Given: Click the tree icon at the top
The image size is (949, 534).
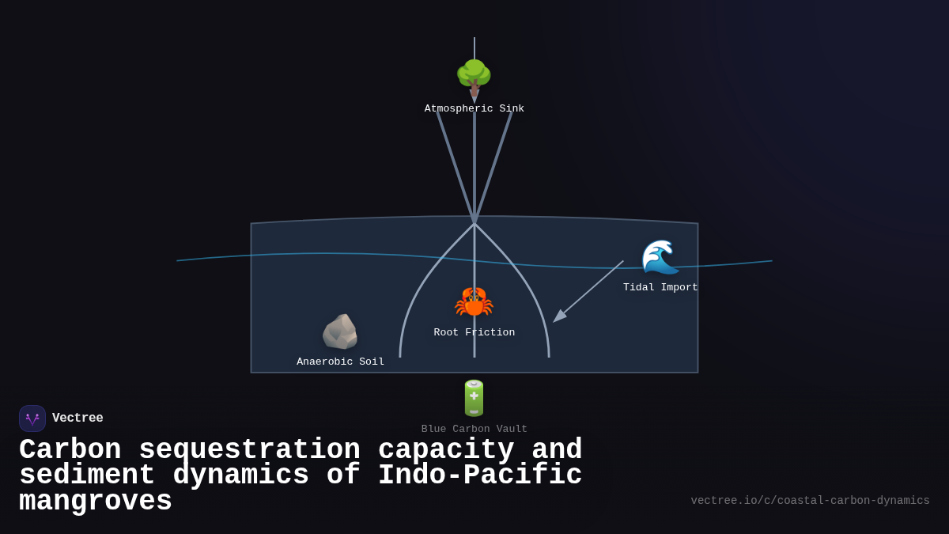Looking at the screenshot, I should [474, 76].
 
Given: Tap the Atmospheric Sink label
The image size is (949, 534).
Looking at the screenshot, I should [474, 109].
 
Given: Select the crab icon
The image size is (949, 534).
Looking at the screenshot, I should [474, 302].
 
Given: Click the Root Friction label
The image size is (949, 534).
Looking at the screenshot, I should [474, 333].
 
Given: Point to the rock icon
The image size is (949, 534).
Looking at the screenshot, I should [340, 331].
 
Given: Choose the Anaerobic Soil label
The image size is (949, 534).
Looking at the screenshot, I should [340, 362].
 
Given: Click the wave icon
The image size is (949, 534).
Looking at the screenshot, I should [660, 256].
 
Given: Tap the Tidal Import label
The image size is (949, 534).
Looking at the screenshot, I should [660, 288].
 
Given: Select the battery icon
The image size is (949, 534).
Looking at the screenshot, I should [474, 398].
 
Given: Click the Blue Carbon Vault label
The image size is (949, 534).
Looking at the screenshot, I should [474, 430].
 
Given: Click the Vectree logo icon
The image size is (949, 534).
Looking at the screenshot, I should [32, 418].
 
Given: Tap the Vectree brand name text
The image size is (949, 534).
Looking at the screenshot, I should [78, 418].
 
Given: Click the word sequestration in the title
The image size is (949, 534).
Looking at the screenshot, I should [249, 450].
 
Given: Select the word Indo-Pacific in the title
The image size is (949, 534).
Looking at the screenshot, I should [479, 475].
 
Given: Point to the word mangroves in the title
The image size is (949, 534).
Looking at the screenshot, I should [96, 502].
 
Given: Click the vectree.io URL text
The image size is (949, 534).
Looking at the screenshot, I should [810, 501].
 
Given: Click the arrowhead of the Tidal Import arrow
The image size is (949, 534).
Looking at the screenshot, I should [557, 319].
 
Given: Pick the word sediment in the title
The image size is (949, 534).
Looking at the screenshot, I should [87, 475].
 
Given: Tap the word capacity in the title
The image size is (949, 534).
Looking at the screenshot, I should [446, 450].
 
